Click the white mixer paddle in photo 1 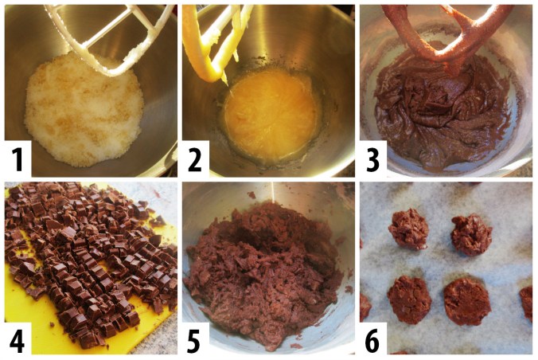point(111,40)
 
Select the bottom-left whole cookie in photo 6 point(409,299)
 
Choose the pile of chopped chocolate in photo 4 point(96,255)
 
